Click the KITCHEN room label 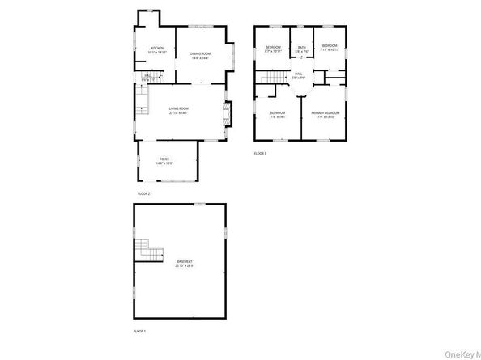[157, 49]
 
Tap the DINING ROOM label [200, 53]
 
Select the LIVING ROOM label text [178, 109]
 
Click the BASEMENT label [185, 261]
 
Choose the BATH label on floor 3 [301, 48]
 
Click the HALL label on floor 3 [299, 74]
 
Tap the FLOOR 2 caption [143, 194]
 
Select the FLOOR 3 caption [260, 152]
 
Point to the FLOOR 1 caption [140, 331]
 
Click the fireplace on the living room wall [227, 114]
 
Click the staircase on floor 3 [274, 77]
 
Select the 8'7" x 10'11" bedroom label [273, 47]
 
